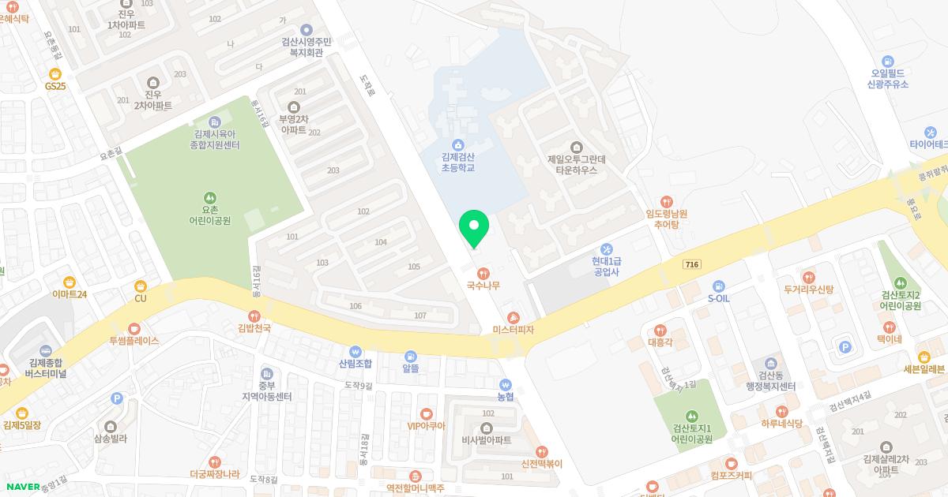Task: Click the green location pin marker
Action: pos(474,227)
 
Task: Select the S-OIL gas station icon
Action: pos(718,286)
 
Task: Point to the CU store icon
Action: pos(141,286)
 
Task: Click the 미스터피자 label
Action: pos(513,330)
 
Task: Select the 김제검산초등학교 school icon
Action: pos(458,144)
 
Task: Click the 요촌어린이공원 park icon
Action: pos(209,197)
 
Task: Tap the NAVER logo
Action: pos(23,487)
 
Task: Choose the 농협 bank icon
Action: pos(506,385)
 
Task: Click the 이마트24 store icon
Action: pos(70,282)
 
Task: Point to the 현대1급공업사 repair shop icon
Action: pos(607,249)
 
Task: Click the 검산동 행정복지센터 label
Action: pos(771,381)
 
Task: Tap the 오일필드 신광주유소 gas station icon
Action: pos(887,61)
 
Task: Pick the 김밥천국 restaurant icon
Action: pos(254,316)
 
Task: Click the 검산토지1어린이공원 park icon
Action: pos(691,416)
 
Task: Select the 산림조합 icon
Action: pos(355,351)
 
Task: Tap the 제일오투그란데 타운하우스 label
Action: pos(577,164)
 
